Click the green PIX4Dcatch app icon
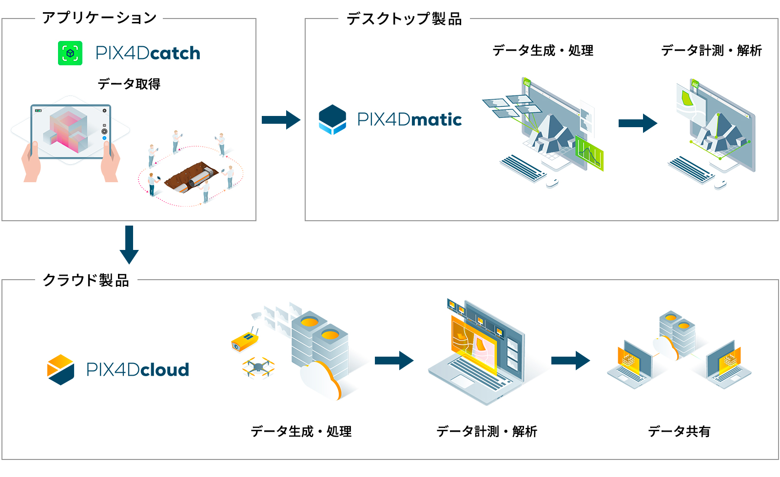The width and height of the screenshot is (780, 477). point(70,53)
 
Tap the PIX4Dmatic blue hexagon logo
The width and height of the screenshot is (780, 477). point(332,119)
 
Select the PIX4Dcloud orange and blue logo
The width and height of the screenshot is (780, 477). point(61,370)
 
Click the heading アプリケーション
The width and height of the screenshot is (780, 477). point(99,18)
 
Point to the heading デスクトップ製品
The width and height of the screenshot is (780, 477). point(404,19)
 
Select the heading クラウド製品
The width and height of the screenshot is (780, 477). point(86,280)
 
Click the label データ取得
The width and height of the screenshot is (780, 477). point(129,84)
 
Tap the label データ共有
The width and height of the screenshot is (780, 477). point(679,431)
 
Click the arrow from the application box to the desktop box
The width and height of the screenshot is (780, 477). point(281,120)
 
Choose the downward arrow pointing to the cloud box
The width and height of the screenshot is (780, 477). point(129,245)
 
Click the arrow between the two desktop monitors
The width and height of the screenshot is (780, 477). point(638,123)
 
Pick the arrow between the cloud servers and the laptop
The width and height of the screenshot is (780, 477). point(394,361)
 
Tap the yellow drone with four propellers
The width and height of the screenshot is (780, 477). point(258,367)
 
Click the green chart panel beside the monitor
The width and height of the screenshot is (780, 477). point(589,153)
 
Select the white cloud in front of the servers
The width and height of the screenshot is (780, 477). point(320,380)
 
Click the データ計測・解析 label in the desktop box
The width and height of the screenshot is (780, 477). point(711,50)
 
